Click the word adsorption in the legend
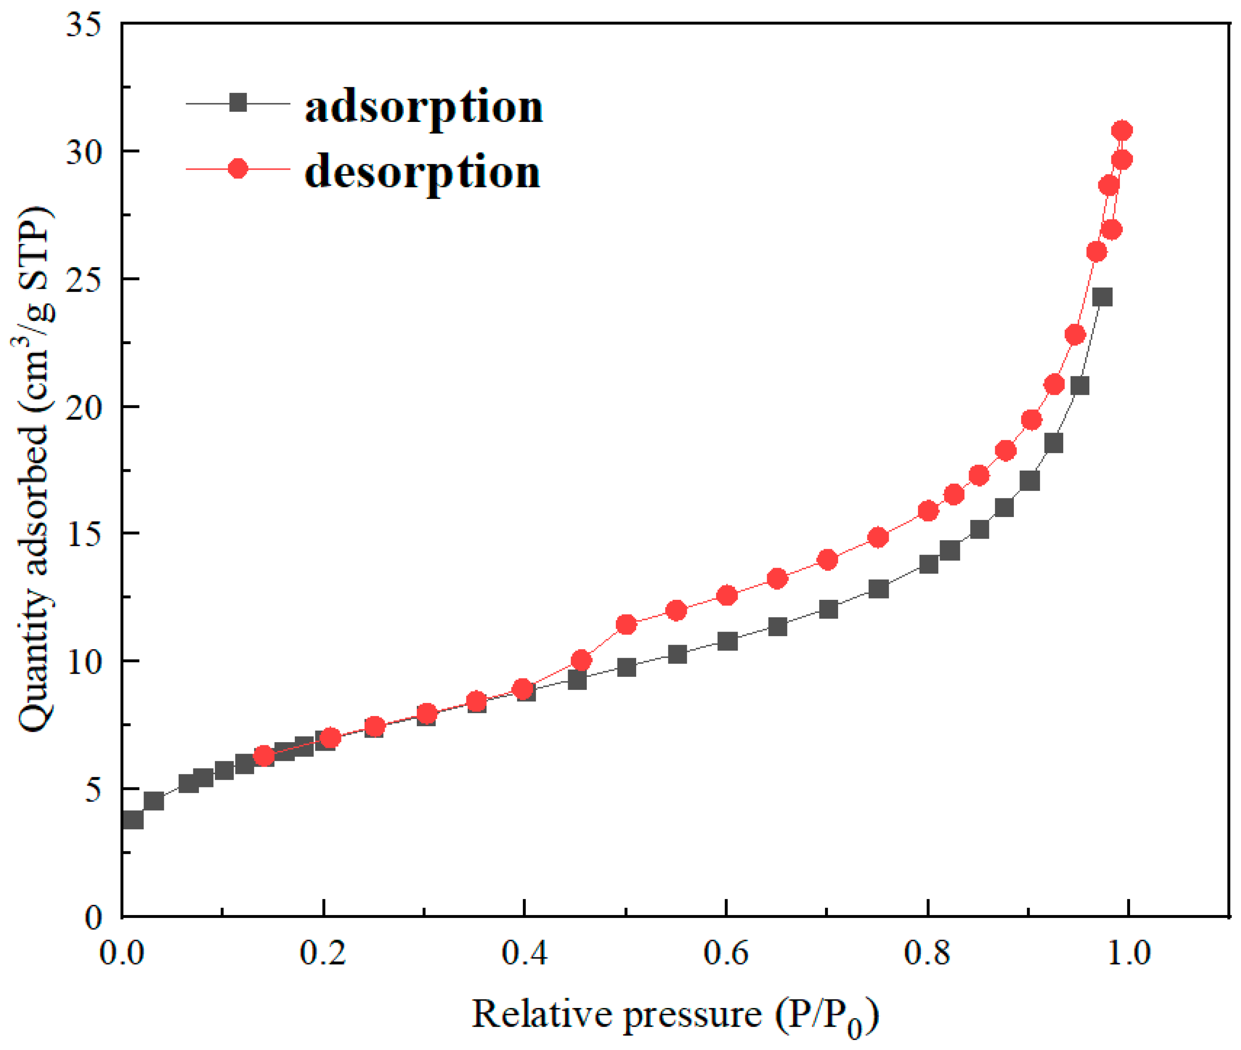click(424, 108)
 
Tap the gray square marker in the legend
click(238, 103)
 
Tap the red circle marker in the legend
click(238, 169)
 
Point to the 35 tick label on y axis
click(83, 25)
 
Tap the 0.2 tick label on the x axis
click(323, 953)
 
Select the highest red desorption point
click(1122, 130)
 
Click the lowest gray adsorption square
click(133, 820)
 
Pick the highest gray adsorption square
click(1102, 297)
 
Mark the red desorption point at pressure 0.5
click(626, 624)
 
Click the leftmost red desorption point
click(264, 756)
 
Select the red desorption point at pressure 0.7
click(828, 559)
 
